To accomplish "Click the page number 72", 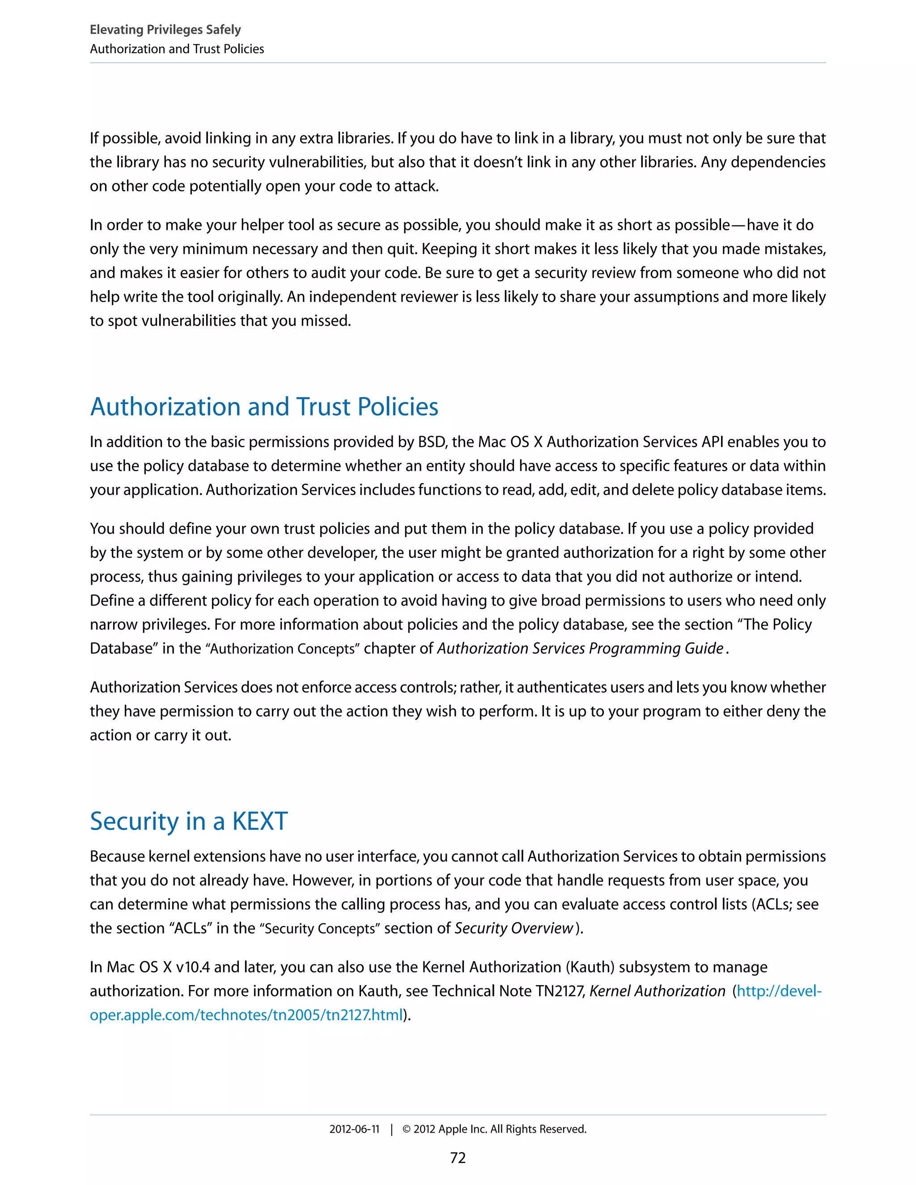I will pos(458,1158).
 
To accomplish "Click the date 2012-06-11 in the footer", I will pos(354,1129).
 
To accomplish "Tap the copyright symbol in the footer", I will pos(407,1129).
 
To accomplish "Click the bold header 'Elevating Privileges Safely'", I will pos(165,30).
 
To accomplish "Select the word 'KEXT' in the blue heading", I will pos(259,821).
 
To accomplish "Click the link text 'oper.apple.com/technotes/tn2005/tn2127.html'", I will pos(247,1015).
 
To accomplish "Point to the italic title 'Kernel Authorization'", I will pos(657,991).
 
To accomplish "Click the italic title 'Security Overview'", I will pos(513,928).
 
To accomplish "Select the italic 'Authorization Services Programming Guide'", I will pos(580,648).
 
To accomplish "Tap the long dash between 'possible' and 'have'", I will pos(738,224).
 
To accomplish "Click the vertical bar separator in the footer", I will pos(391,1129).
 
